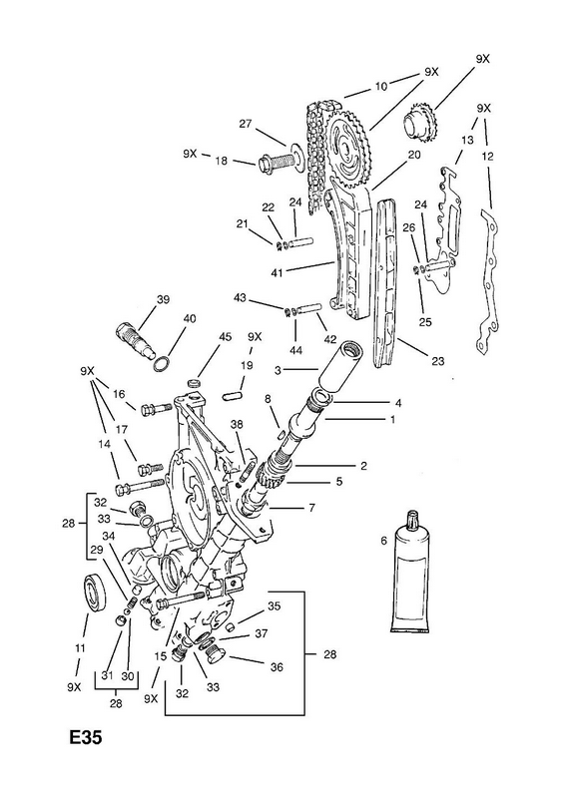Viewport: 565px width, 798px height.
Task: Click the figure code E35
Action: point(86,738)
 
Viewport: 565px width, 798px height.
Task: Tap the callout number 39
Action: point(163,299)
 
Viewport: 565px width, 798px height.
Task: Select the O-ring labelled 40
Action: point(162,365)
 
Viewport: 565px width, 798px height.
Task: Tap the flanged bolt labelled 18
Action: point(279,163)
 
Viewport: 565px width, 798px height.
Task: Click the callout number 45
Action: point(226,336)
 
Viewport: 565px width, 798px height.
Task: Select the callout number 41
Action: point(277,273)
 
